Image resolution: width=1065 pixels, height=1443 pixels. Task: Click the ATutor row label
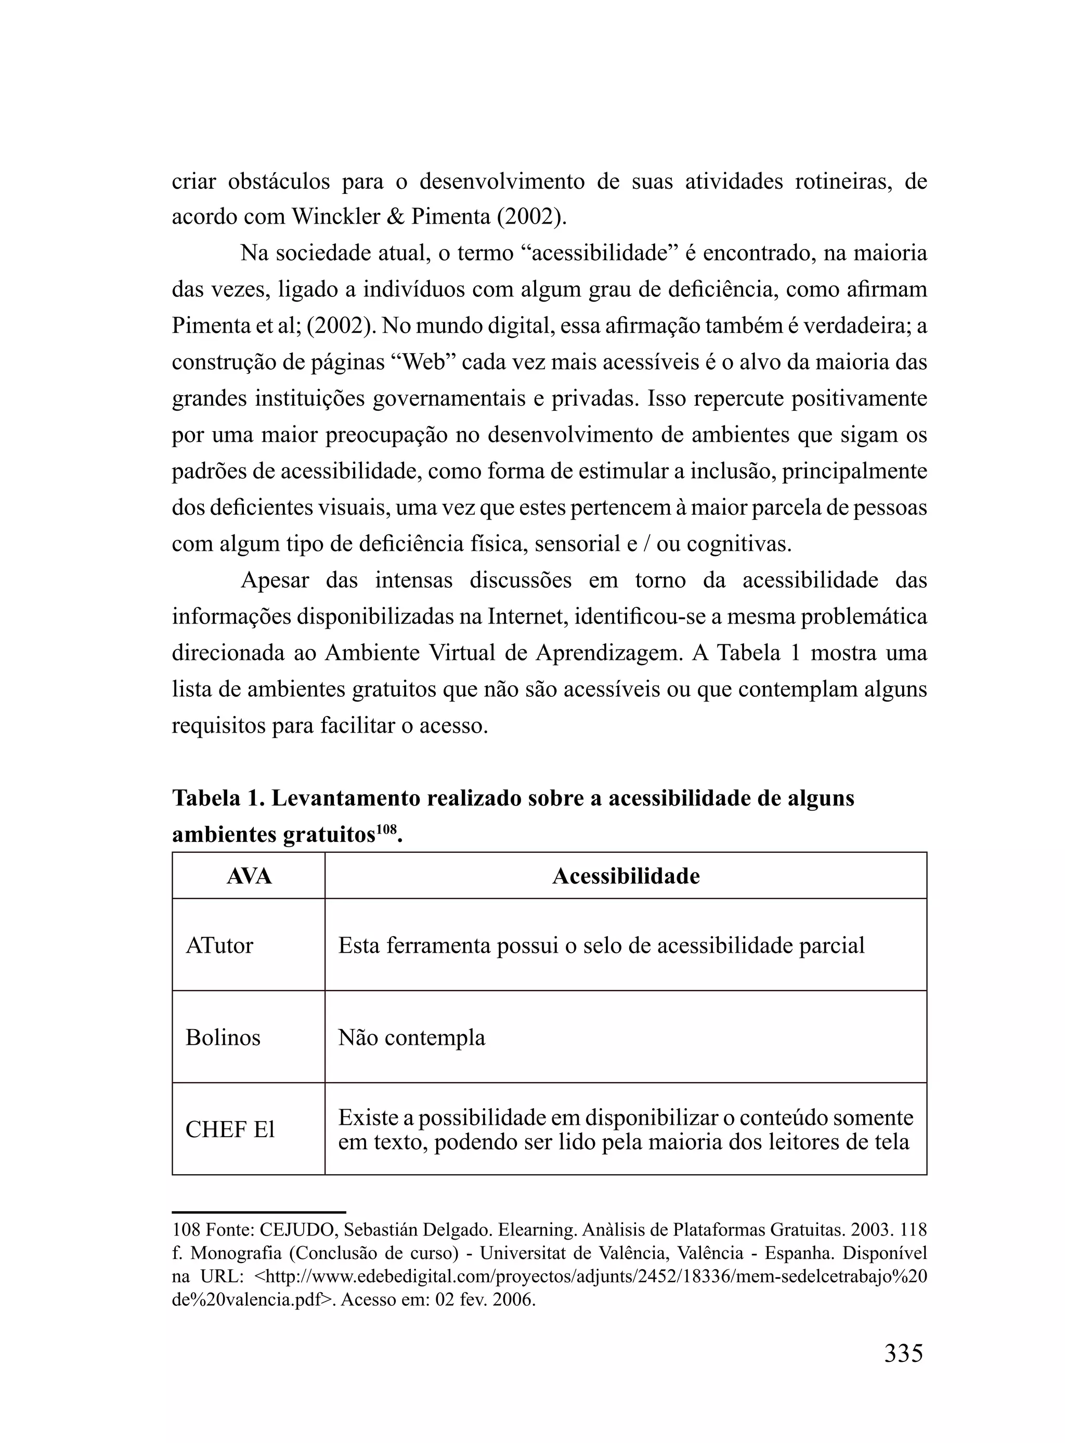pos(219,945)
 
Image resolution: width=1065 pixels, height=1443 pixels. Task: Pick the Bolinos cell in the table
pos(223,1037)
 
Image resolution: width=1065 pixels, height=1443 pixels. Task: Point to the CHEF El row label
pos(230,1129)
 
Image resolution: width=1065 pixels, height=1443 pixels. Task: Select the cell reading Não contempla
pos(411,1037)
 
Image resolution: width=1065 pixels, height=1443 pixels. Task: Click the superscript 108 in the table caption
pos(386,828)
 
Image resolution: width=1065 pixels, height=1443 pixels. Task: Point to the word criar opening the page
pos(193,181)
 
